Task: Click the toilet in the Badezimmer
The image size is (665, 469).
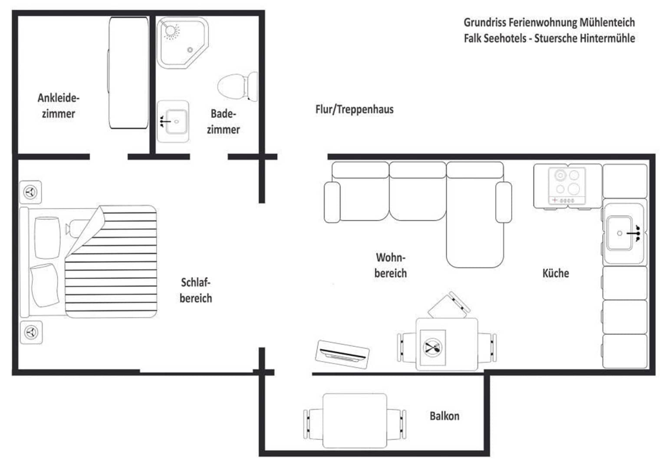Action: click(x=237, y=86)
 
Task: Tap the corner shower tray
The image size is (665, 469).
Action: click(x=182, y=43)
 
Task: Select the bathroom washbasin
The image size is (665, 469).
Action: click(x=173, y=122)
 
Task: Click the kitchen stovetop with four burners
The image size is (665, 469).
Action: click(x=567, y=186)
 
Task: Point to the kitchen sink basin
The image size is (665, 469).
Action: click(x=619, y=233)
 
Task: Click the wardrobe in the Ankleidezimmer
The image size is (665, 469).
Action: click(x=128, y=73)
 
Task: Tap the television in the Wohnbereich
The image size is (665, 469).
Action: click(x=342, y=355)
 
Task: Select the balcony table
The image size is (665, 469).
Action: click(x=355, y=421)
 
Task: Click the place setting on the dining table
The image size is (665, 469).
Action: click(x=432, y=347)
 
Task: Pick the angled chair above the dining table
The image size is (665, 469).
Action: click(x=448, y=305)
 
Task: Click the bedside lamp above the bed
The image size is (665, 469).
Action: click(x=30, y=192)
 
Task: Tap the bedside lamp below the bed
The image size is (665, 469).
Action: click(x=31, y=332)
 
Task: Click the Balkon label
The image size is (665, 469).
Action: click(x=444, y=416)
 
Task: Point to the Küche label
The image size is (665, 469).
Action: click(x=556, y=273)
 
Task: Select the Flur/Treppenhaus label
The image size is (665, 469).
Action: click(x=355, y=109)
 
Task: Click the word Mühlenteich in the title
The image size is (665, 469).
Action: click(x=607, y=22)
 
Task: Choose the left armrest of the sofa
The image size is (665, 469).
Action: click(x=332, y=202)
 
